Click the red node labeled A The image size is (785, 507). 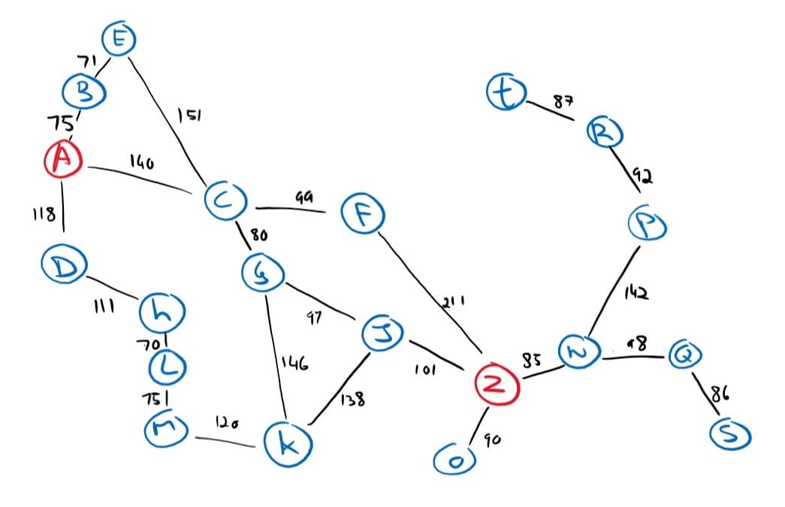point(63,159)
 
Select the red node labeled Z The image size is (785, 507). point(495,385)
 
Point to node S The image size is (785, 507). point(729,433)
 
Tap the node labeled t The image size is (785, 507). point(506,93)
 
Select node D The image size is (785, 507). point(64,265)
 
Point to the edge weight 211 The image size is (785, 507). point(453,302)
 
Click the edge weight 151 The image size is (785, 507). point(188,116)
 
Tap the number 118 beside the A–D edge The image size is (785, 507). point(44,216)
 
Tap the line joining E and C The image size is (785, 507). point(169,120)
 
